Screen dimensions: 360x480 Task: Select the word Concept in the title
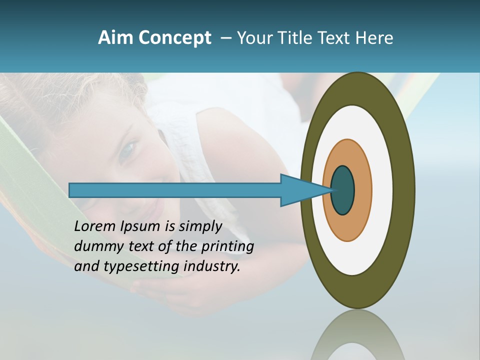point(174,38)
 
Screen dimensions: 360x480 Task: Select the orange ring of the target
point(362,190)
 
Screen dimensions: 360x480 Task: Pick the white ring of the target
point(382,190)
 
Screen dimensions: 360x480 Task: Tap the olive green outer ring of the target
point(404,190)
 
